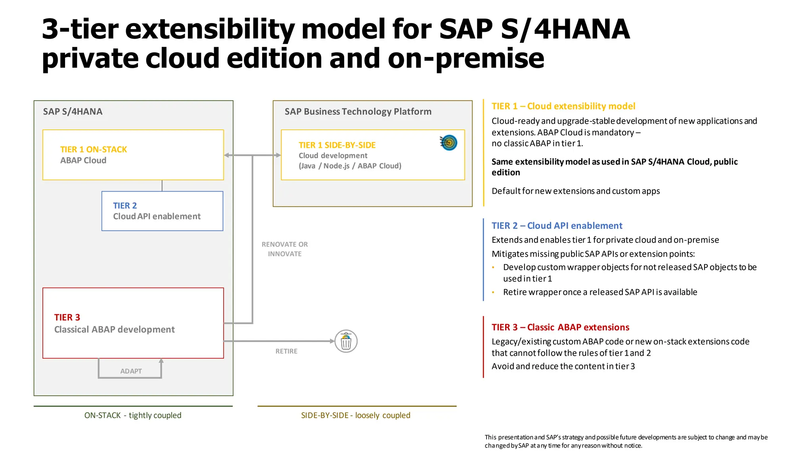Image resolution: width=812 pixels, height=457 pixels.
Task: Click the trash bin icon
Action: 346,341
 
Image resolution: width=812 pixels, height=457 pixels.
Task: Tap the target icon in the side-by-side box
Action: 449,143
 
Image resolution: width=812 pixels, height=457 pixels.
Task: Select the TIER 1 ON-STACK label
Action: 94,150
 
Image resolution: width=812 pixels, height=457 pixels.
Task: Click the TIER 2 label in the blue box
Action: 125,205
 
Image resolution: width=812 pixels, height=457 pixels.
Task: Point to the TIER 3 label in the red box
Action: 67,317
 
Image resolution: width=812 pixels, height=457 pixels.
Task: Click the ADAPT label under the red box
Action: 131,371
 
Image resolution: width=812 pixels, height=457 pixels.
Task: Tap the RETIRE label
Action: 286,351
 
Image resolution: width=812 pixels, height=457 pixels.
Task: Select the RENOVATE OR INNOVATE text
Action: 285,249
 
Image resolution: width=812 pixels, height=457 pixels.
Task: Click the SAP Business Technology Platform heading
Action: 358,111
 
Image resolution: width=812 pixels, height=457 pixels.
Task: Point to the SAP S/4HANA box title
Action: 73,111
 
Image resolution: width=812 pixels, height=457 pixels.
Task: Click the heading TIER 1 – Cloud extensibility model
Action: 563,106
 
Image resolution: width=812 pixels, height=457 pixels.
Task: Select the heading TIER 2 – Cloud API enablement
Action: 557,226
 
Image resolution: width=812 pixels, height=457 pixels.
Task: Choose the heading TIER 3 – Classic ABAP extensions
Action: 560,327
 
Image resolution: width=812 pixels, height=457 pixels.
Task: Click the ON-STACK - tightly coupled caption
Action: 133,415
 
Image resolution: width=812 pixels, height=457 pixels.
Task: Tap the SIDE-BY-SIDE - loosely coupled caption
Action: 355,415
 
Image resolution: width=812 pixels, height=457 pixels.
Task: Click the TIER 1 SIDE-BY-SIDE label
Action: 337,145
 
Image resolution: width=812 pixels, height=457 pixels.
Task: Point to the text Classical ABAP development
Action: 114,330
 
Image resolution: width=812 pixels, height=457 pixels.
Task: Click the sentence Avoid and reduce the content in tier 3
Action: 563,367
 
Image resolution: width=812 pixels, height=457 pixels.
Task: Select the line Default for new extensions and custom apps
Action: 575,191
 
